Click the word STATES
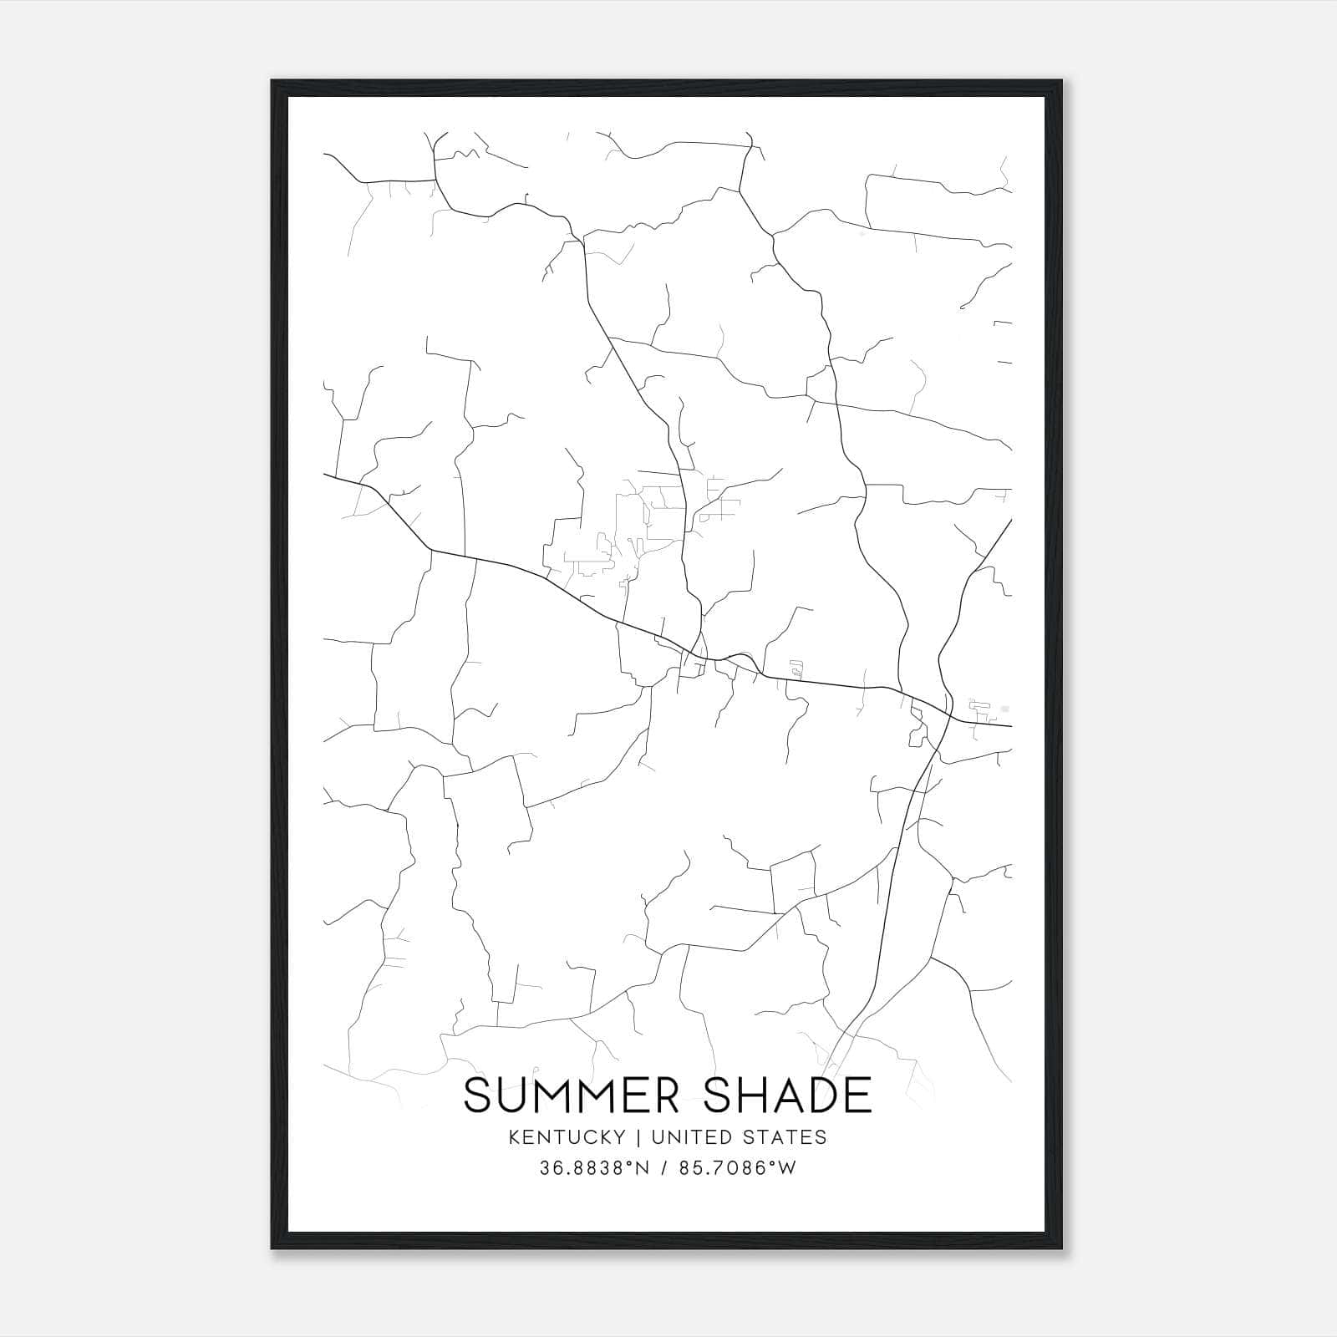(x=786, y=1137)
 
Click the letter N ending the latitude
(x=643, y=1168)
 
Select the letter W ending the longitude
(x=787, y=1168)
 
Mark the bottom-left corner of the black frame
(x=272, y=1248)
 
